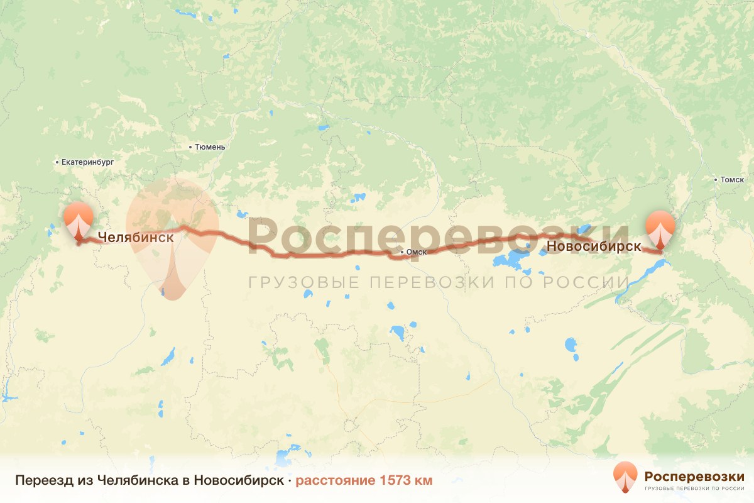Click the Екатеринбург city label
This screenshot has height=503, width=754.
[x=88, y=162]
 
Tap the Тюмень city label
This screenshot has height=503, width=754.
[x=210, y=147]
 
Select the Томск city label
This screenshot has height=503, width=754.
[x=732, y=180]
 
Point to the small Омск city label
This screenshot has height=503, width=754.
[x=417, y=253]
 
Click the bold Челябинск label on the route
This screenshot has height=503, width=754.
[x=135, y=238]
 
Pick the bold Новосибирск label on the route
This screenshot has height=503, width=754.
[x=594, y=246]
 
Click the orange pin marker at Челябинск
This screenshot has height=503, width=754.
[x=79, y=221]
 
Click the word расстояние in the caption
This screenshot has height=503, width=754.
[x=335, y=480]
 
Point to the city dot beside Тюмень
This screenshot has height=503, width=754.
[x=191, y=147]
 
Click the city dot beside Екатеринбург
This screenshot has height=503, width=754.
[x=57, y=162]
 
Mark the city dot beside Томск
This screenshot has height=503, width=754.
[x=716, y=180]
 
